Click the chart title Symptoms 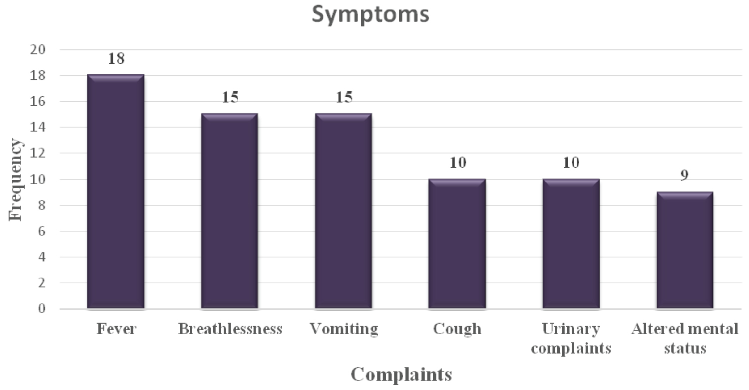[x=370, y=15]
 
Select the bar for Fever [x=115, y=192]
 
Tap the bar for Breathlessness [x=229, y=211]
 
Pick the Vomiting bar [x=343, y=211]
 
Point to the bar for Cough [x=457, y=244]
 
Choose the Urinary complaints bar [x=571, y=244]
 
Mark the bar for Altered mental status [x=685, y=250]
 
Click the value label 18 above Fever [x=116, y=58]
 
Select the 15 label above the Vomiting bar [x=344, y=97]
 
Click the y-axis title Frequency [x=16, y=180]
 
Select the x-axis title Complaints [x=401, y=375]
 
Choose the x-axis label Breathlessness [x=230, y=330]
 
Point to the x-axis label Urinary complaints [x=571, y=338]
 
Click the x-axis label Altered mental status [x=685, y=338]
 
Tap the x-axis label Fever [x=116, y=330]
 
